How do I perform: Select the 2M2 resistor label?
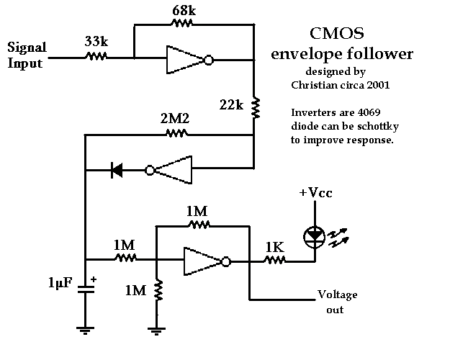176,119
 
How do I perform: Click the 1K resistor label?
275,247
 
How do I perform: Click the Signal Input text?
27,55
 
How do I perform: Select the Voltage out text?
337,302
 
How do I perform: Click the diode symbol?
115,171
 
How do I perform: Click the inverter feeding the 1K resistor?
205,262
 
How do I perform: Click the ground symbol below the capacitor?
86,330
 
